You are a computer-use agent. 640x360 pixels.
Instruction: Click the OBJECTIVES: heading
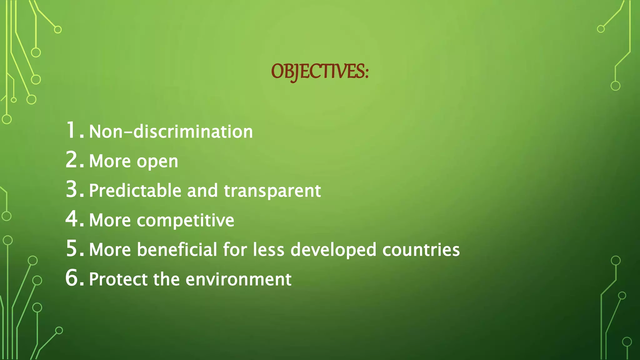coord(320,72)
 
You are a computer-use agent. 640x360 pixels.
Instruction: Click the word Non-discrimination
coord(171,132)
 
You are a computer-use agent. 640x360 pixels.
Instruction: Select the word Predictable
coord(135,190)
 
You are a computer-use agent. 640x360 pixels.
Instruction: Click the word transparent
coord(272,191)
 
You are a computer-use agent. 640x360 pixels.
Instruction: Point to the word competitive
coord(185,220)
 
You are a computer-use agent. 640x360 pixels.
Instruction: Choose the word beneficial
coord(177,250)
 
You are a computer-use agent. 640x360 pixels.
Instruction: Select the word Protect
coord(118,279)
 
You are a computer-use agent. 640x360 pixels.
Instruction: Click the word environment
coord(238,279)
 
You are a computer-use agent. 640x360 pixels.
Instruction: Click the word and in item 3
coord(202,190)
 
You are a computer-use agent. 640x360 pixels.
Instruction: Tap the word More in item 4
coord(110,220)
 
